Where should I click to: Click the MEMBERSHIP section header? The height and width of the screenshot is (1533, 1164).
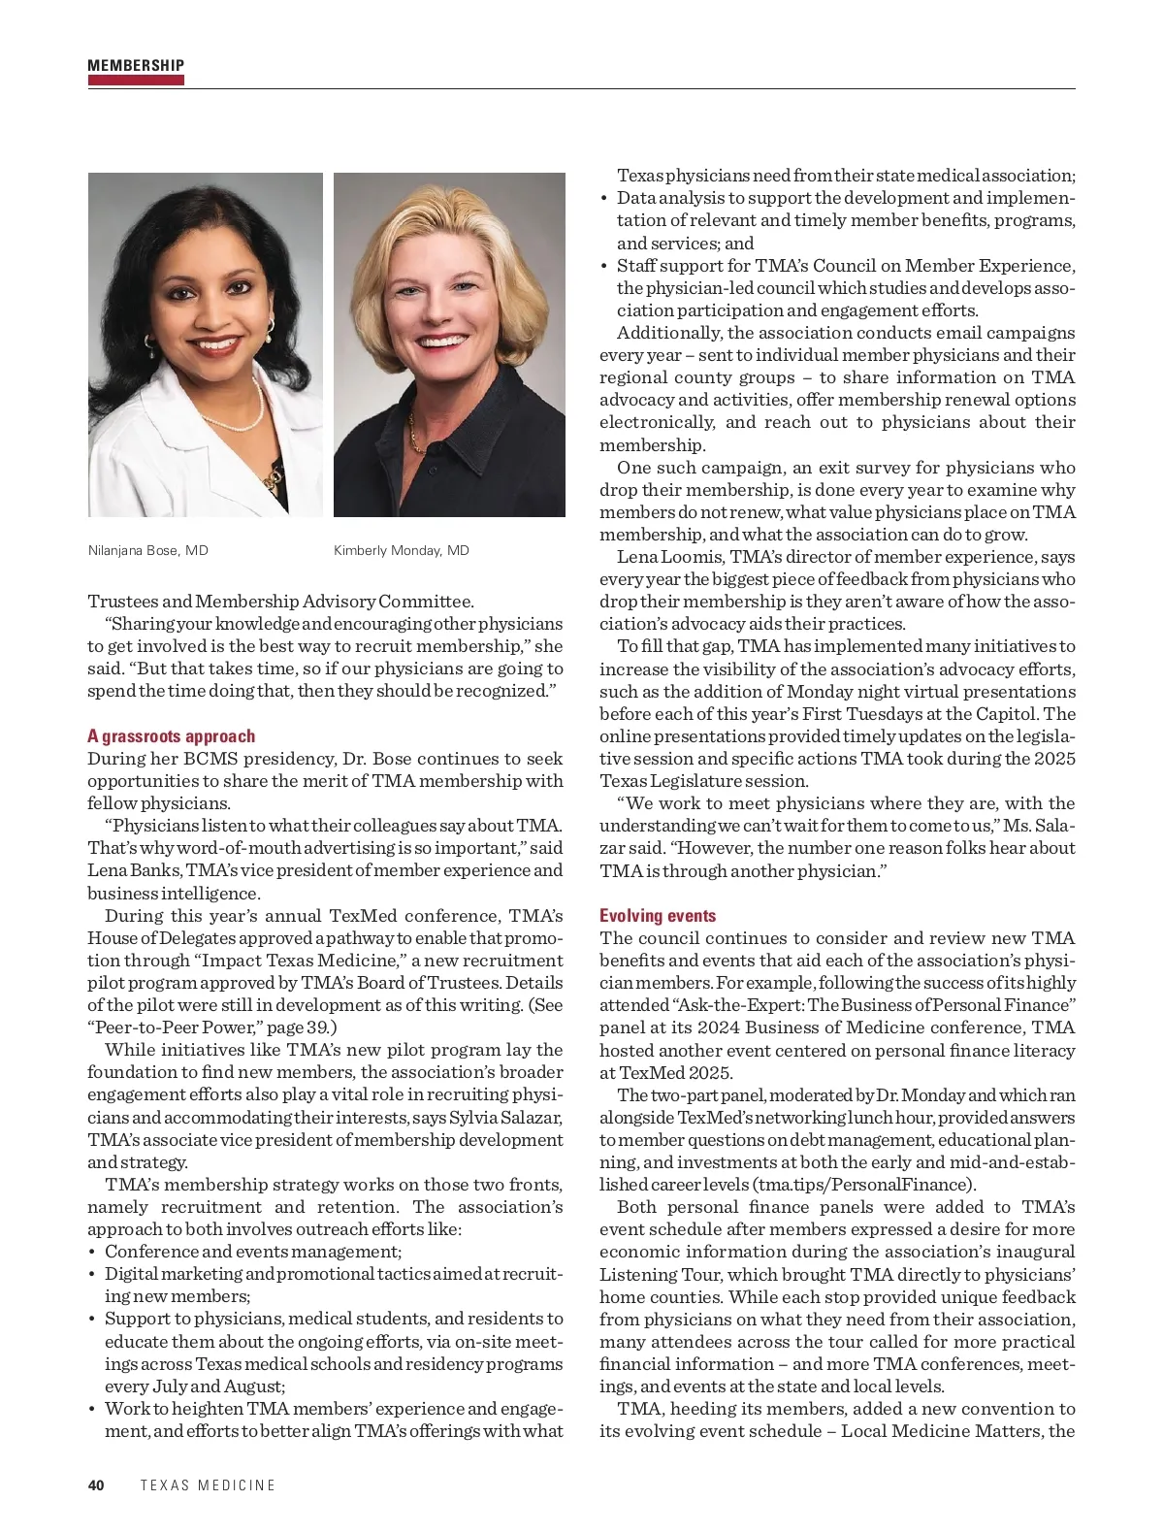point(136,66)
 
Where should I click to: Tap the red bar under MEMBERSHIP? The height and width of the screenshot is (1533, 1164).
point(136,81)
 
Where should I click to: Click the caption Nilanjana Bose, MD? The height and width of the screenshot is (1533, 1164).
point(148,550)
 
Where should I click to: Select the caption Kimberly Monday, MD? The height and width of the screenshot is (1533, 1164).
point(402,550)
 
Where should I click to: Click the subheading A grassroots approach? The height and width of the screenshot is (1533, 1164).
point(172,736)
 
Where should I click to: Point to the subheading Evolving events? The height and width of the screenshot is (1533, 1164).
point(658,916)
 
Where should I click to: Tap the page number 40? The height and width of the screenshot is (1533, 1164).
point(96,1485)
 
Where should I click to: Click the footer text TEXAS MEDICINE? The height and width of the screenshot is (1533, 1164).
point(208,1485)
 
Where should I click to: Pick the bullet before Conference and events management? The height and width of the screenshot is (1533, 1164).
point(93,1253)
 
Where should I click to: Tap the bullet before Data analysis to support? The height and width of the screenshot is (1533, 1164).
point(604,199)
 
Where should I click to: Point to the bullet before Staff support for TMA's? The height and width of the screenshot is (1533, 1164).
point(604,267)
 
